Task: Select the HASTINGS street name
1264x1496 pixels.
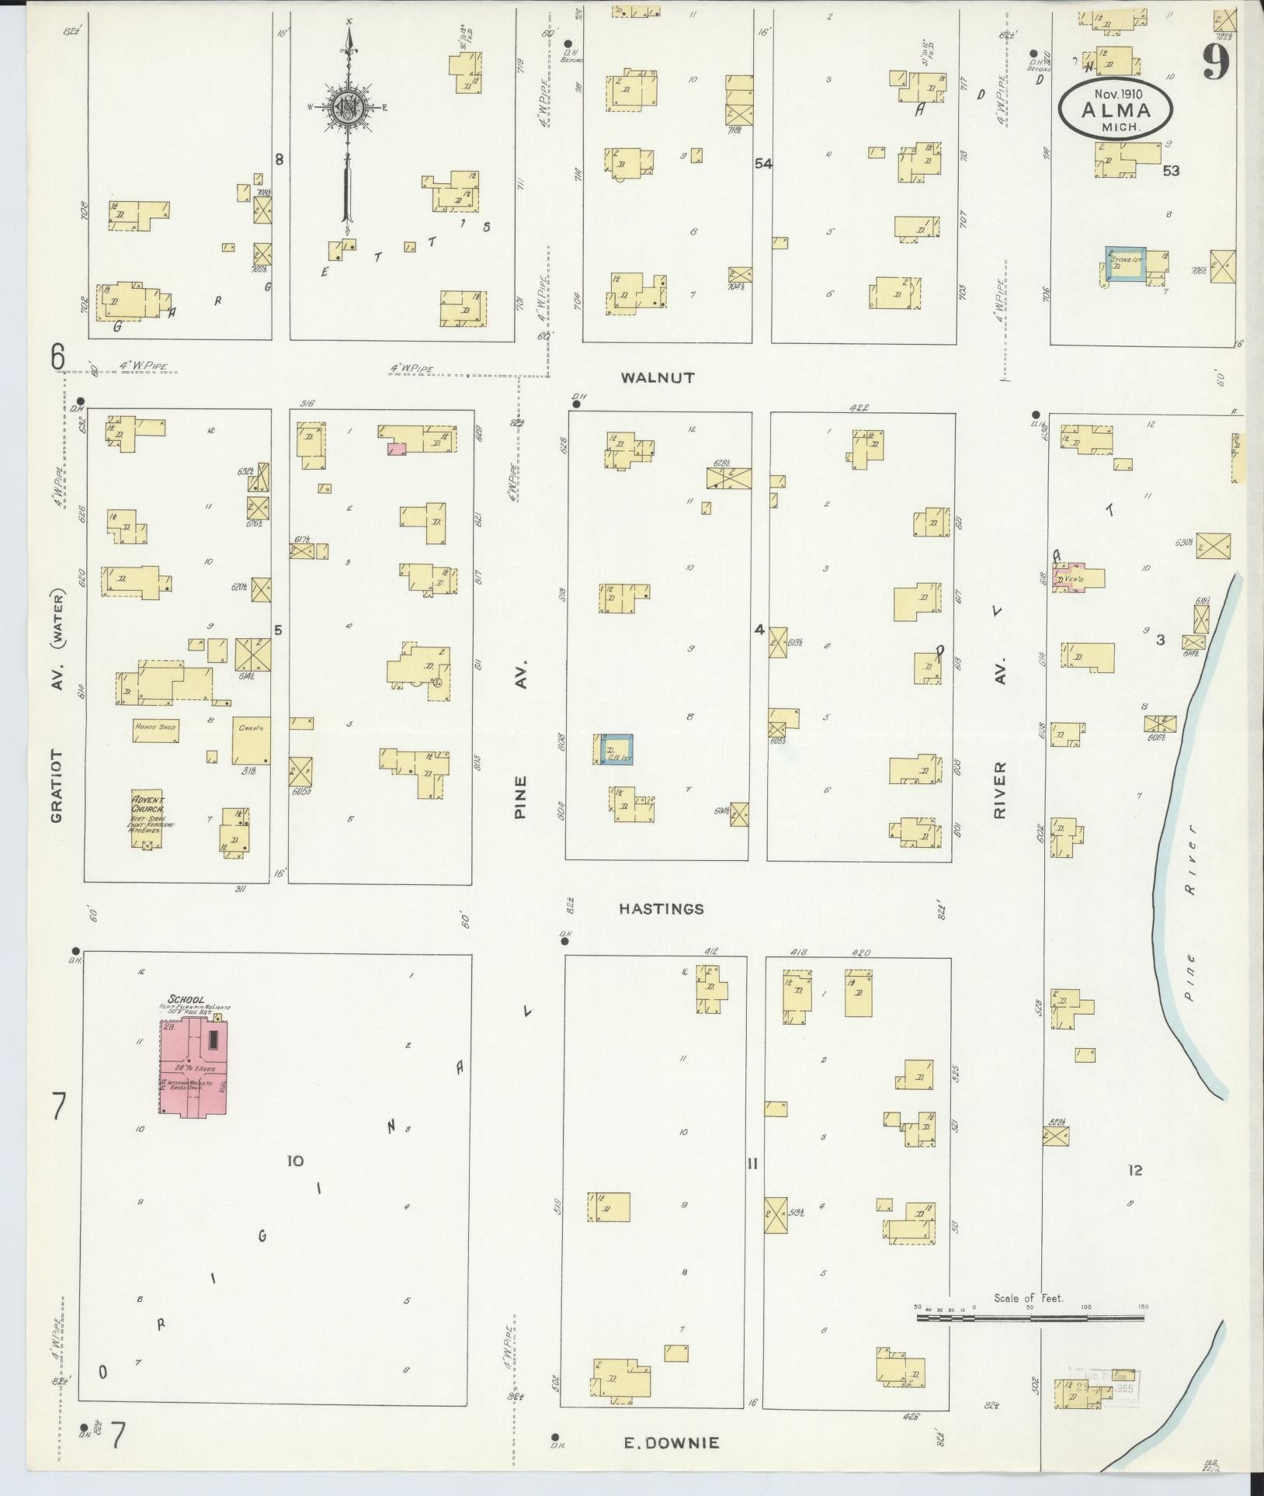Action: click(x=662, y=908)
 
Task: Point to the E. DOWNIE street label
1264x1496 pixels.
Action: click(x=672, y=1443)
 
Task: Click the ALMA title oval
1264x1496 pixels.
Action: click(x=1116, y=109)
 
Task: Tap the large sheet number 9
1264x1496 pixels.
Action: click(x=1216, y=62)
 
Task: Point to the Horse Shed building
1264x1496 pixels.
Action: click(x=157, y=729)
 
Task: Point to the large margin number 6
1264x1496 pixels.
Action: click(x=57, y=356)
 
